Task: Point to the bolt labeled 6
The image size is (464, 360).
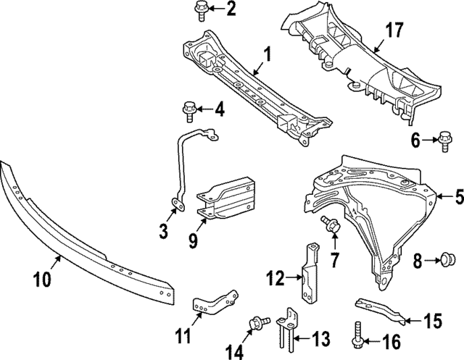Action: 445,141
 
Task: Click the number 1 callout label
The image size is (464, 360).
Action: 266,53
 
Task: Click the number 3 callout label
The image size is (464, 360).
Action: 164,232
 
